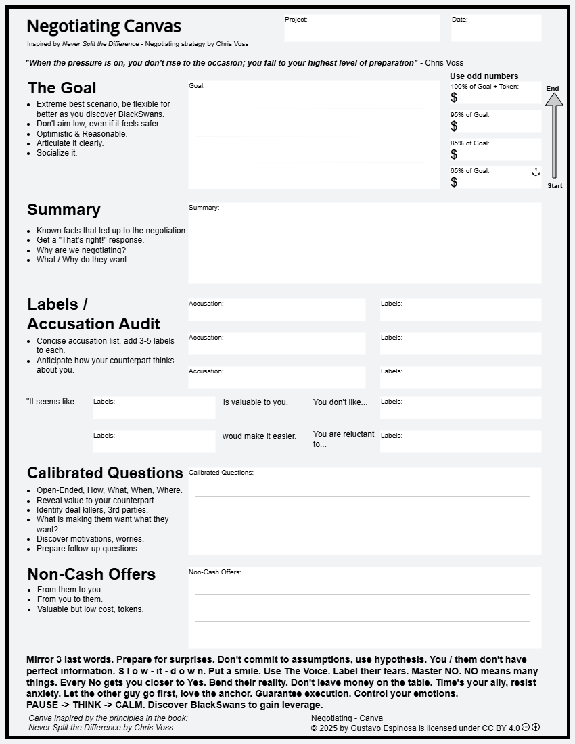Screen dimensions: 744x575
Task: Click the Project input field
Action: click(x=362, y=28)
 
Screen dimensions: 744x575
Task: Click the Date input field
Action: click(x=496, y=28)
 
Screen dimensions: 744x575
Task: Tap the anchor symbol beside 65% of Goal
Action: click(x=536, y=172)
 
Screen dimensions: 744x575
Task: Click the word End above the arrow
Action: click(x=553, y=89)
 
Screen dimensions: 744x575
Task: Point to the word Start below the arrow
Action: click(x=555, y=186)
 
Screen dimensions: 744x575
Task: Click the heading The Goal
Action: click(x=62, y=88)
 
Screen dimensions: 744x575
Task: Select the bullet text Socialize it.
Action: click(x=57, y=153)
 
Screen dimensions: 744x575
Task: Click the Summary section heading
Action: click(x=64, y=210)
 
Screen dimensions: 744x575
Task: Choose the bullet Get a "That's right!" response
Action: click(x=90, y=240)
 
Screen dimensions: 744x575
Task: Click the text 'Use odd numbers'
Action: click(x=484, y=76)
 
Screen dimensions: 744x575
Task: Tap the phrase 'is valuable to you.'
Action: click(x=255, y=402)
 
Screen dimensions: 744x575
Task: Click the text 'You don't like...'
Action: click(x=340, y=402)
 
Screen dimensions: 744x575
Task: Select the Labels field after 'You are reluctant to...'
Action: click(x=461, y=442)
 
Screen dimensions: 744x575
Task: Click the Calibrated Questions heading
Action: click(x=105, y=473)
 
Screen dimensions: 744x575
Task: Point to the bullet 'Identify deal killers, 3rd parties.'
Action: click(x=92, y=510)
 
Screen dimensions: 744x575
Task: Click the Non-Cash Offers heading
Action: click(x=91, y=574)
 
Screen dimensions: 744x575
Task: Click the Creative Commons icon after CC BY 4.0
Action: click(x=526, y=728)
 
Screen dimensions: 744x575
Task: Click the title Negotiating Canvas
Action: click(x=103, y=26)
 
